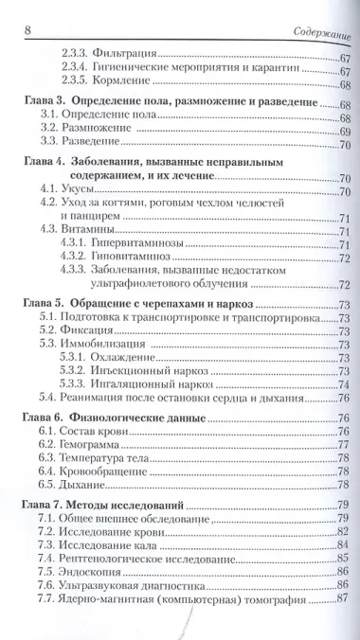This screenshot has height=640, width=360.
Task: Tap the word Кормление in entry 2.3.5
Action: pyautogui.click(x=127, y=85)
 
